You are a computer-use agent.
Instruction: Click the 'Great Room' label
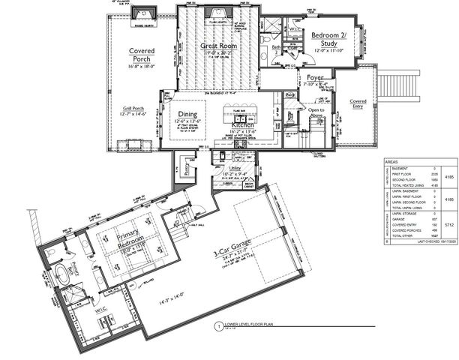pyautogui.click(x=218, y=46)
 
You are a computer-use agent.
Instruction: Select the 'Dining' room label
pyautogui.click(x=187, y=113)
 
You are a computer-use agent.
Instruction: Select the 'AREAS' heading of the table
pyautogui.click(x=391, y=161)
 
